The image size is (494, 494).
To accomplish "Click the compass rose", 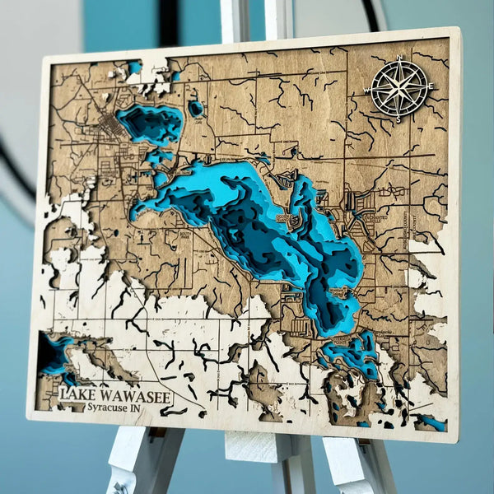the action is coord(399,87).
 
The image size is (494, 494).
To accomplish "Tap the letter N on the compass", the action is coord(399,58).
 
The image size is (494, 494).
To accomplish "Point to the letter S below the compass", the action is coord(399,119).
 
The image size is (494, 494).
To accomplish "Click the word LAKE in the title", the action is coord(80,396).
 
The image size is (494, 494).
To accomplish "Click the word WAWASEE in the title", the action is coord(137,398).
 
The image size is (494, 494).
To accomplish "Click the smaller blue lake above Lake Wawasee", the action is coord(151,123).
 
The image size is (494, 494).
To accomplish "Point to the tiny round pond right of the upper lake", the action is coord(196,108).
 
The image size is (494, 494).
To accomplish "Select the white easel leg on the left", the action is coord(149,465).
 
